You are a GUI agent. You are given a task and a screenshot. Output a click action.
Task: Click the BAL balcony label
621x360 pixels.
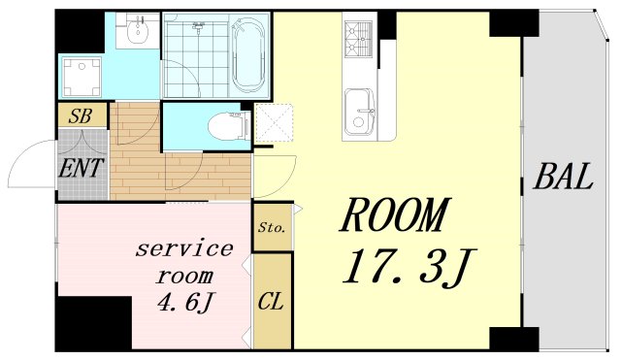tap(563, 178)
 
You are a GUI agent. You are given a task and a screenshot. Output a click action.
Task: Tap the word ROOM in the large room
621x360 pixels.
tap(396, 214)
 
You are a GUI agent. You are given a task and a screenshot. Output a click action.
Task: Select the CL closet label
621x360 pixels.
tap(271, 300)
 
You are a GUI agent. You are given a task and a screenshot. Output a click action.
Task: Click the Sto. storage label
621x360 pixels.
tap(271, 229)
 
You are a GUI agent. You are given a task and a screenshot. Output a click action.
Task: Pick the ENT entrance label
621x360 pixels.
tap(81, 168)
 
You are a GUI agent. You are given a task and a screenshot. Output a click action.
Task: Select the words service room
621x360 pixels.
tap(183, 261)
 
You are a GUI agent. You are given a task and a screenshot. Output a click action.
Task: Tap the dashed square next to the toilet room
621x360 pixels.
tap(271, 124)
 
